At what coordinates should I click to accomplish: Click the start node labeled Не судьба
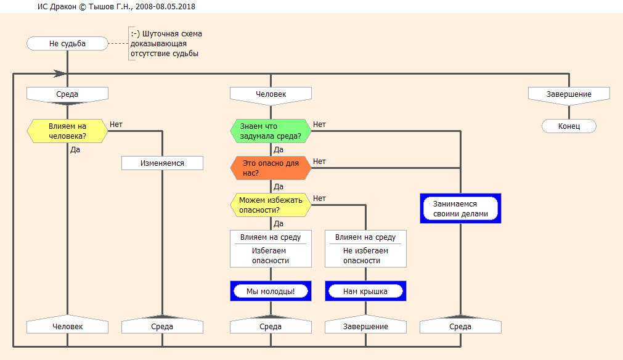point(67,44)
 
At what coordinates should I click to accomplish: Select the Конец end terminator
point(569,126)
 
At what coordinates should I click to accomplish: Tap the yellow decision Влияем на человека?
point(67,131)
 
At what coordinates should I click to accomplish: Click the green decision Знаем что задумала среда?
point(271,131)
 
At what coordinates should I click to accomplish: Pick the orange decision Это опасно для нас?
point(271,168)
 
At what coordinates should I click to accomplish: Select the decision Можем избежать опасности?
point(271,205)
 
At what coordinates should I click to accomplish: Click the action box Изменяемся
point(162,163)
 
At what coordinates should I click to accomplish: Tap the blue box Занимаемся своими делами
point(460,209)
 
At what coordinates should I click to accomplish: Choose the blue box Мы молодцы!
point(271,291)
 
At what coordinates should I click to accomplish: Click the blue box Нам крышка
point(365,291)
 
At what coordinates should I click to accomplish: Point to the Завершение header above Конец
point(569,94)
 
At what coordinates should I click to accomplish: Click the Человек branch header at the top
point(271,94)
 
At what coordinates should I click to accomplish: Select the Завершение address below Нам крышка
point(365,325)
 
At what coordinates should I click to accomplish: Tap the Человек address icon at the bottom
point(67,325)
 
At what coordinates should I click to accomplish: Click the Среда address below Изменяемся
point(162,325)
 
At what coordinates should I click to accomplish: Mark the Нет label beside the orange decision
point(319,162)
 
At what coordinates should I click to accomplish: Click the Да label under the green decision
point(279,150)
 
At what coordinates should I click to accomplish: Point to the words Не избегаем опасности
point(365,255)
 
